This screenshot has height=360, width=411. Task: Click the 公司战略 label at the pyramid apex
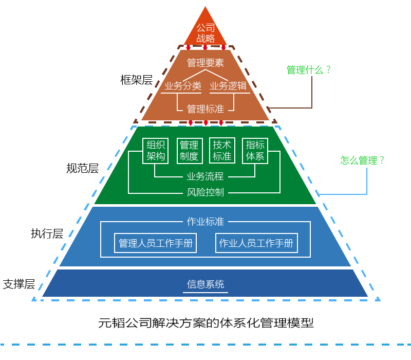point(206,33)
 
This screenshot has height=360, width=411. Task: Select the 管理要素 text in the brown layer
point(206,63)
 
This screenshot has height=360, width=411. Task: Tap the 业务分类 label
point(182,86)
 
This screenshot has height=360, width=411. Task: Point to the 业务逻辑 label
point(229,86)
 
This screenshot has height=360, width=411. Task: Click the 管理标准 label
point(206,109)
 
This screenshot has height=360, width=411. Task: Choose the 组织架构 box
point(156,150)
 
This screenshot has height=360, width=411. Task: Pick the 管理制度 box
point(190,150)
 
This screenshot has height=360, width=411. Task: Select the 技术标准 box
point(222,150)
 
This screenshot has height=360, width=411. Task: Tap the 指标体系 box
point(255,150)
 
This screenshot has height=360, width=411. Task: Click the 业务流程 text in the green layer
point(206,176)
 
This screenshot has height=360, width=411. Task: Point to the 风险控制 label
point(206,193)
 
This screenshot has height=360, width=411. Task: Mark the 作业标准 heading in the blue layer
point(206,222)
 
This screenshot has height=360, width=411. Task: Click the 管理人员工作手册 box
point(156,243)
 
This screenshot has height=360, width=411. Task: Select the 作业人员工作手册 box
point(256,243)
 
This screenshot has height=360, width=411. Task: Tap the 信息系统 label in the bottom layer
point(206,284)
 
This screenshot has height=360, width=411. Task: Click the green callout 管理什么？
point(309,70)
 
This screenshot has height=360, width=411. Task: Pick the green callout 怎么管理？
point(363,160)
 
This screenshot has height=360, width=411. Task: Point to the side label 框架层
point(136,80)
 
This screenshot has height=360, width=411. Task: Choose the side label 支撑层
point(19,284)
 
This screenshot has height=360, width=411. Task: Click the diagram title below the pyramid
point(206,323)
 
